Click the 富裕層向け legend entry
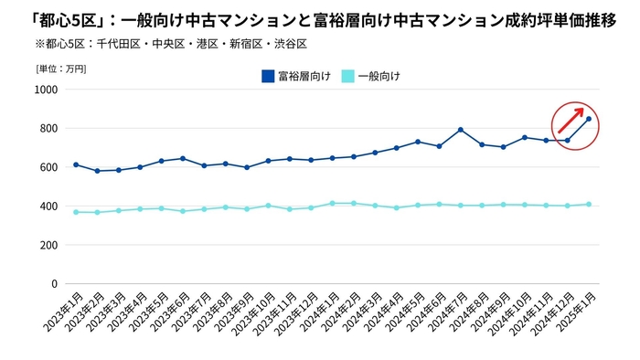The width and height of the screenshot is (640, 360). click(x=291, y=76)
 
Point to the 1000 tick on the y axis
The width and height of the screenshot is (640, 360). click(x=45, y=90)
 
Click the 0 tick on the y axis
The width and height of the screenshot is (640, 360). click(x=54, y=284)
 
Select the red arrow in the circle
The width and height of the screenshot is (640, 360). click(x=571, y=120)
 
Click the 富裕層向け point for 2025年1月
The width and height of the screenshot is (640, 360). click(x=589, y=119)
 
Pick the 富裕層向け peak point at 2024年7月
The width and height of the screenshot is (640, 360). click(x=461, y=130)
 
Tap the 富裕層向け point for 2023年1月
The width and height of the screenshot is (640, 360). click(x=76, y=164)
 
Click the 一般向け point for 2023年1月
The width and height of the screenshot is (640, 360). click(x=76, y=212)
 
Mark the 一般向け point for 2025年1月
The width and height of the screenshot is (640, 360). click(x=589, y=204)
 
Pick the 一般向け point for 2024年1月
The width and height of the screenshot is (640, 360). click(x=333, y=203)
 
